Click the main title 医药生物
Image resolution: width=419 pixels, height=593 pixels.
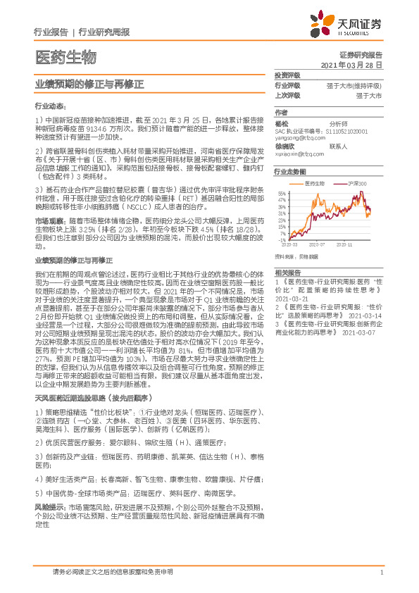(64, 56)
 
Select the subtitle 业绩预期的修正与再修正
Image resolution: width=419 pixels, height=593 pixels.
(89, 83)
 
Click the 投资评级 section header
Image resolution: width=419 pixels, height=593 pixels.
(287, 75)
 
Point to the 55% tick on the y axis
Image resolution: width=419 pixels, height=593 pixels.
(282, 192)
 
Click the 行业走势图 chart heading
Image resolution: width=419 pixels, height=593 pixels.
(291, 171)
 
